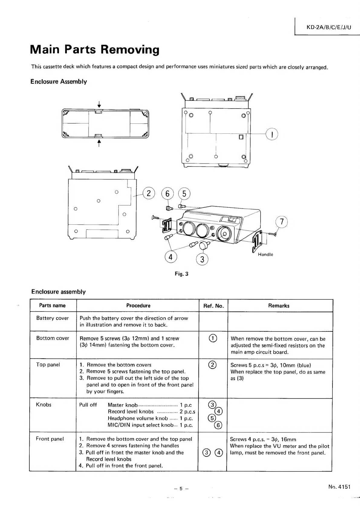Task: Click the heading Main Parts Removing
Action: [x=95, y=50]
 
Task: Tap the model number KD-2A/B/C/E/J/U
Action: [x=329, y=28]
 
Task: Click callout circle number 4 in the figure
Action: [x=170, y=257]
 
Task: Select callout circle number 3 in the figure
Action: [x=202, y=259]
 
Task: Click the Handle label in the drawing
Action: [x=265, y=255]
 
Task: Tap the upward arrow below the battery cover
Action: [x=99, y=143]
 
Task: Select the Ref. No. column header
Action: [x=213, y=306]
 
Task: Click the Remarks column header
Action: [x=279, y=306]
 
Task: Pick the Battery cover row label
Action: [x=53, y=318]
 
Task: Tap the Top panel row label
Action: [x=48, y=365]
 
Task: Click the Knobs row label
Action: [x=44, y=405]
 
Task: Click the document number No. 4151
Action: [x=339, y=487]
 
